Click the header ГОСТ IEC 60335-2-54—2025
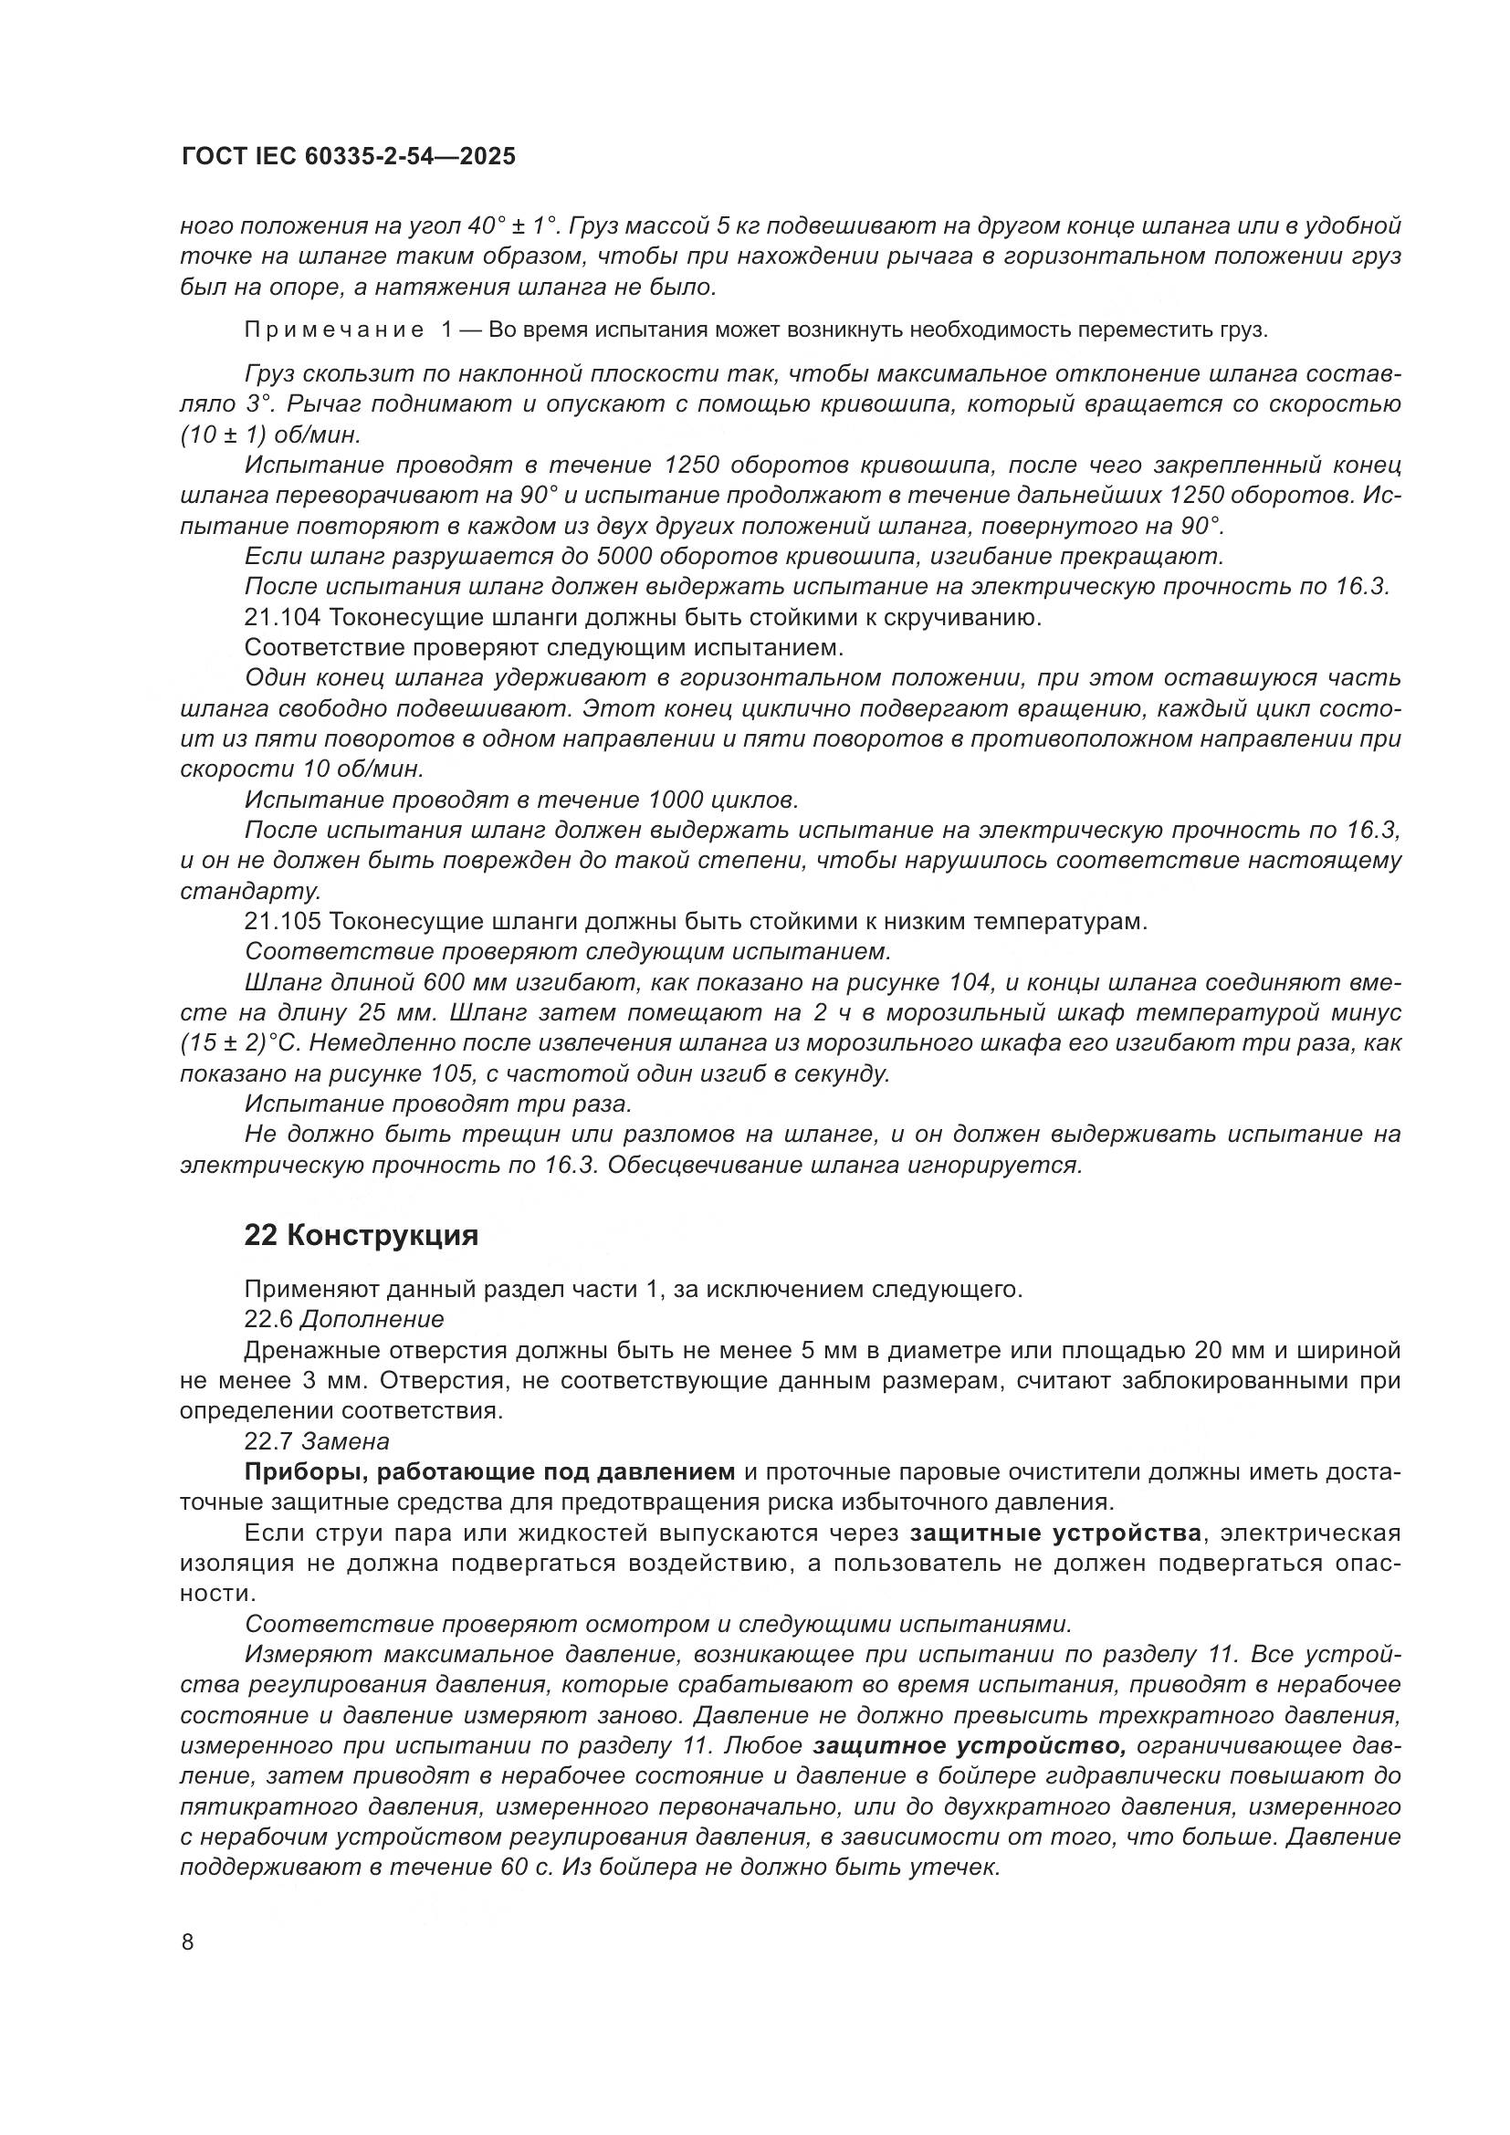348,157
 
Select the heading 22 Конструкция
361,1235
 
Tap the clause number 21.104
283,617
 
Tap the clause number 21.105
283,922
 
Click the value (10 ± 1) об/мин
270,435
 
